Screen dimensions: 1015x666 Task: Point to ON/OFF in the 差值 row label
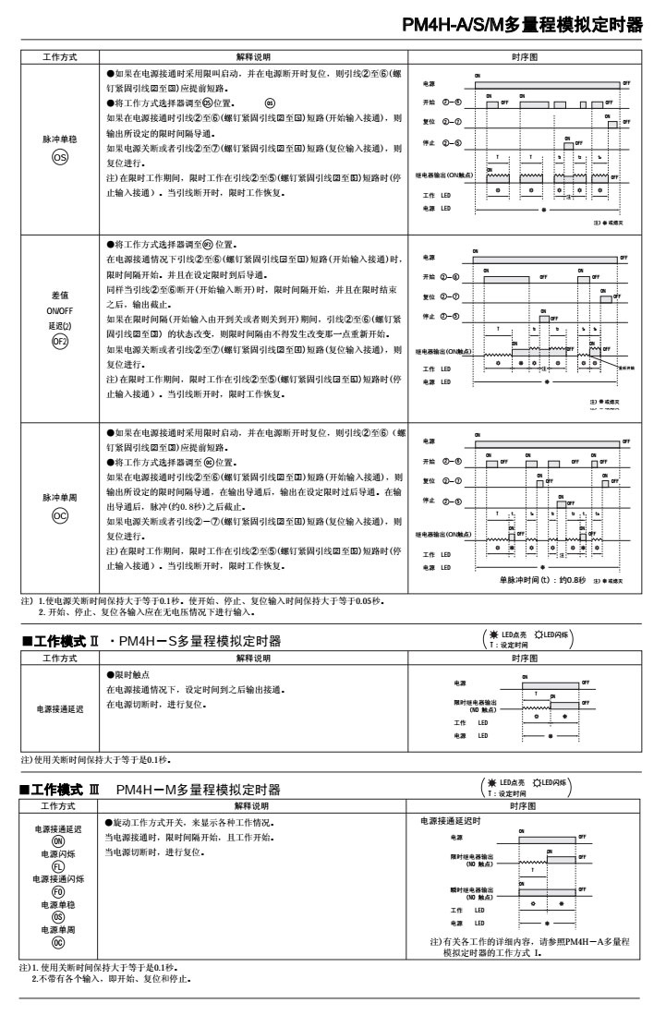coord(58,309)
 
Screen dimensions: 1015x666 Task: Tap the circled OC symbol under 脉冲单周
coord(58,514)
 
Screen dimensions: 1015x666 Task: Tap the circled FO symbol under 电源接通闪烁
coord(58,892)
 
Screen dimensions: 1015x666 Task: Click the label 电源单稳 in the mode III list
coord(58,905)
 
